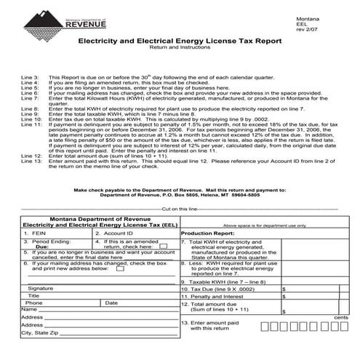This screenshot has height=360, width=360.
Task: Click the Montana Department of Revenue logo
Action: click(62, 17)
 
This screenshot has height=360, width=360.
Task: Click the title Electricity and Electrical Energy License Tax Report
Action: click(179, 42)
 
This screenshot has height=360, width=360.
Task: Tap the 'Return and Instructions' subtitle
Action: click(179, 52)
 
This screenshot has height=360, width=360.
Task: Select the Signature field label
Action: click(41, 289)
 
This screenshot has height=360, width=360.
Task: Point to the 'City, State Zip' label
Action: click(39, 332)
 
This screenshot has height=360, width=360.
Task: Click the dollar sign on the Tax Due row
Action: click(282, 289)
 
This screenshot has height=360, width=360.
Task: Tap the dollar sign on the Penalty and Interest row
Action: click(282, 297)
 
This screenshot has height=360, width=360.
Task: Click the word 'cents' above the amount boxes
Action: click(340, 318)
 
